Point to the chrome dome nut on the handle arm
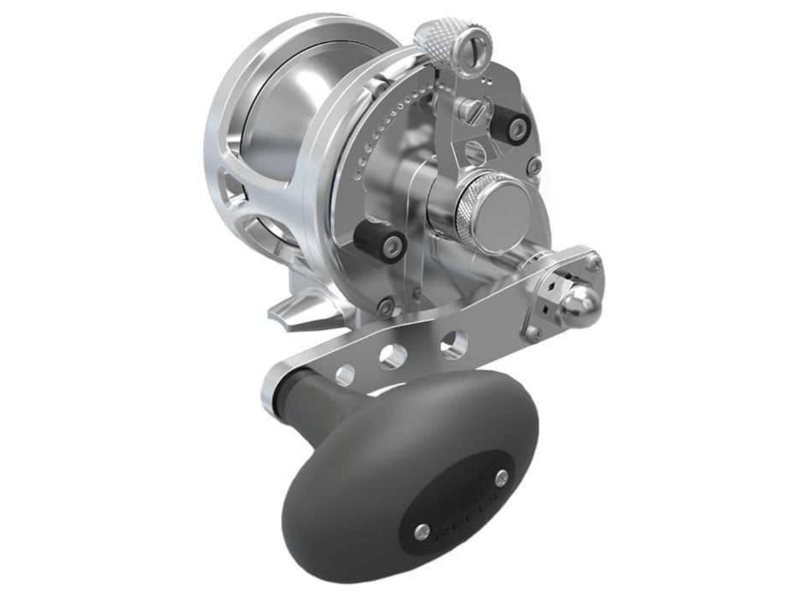[581, 304]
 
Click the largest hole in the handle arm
[454, 345]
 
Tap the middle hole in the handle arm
[393, 357]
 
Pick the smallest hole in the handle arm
[345, 374]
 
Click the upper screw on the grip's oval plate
[502, 478]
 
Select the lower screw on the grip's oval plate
[423, 531]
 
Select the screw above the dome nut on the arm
[594, 261]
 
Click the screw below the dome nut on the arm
[532, 333]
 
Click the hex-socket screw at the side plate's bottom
[386, 305]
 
